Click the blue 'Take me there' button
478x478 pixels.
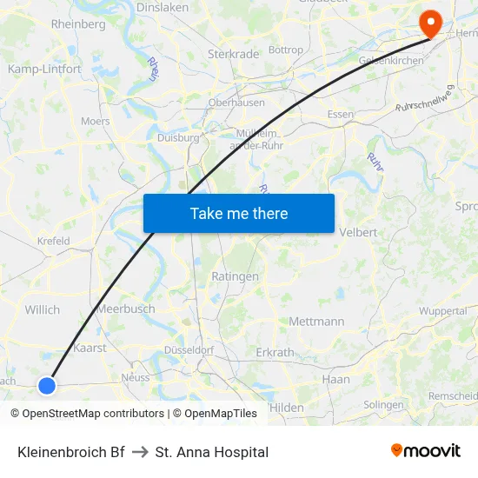[x=239, y=213]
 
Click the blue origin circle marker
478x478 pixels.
[x=47, y=385]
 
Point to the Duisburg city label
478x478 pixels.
[x=178, y=137]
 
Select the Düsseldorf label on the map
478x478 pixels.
[x=189, y=349]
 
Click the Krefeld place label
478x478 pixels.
[x=54, y=242]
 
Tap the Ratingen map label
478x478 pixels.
[x=235, y=276]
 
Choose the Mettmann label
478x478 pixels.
[x=316, y=322]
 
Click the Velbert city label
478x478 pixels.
[x=357, y=233]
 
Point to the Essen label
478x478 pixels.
[x=341, y=115]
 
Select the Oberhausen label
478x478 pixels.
[x=236, y=103]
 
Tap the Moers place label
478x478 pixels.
[x=96, y=122]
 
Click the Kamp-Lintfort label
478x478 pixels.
[x=44, y=69]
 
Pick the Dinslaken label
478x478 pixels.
[x=163, y=7]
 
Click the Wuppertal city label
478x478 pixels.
[x=442, y=311]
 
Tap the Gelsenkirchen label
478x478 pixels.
[x=391, y=61]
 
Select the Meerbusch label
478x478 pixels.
[x=127, y=309]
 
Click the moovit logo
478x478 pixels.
[x=425, y=451]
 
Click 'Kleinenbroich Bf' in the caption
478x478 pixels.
[x=71, y=452]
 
